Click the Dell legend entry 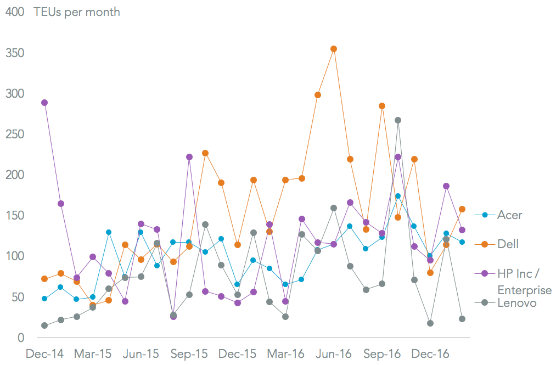click(x=507, y=244)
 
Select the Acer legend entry click(x=509, y=215)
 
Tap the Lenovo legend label click(x=516, y=302)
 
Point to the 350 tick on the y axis click(x=15, y=53)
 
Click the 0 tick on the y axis click(x=20, y=338)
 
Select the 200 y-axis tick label click(x=15, y=175)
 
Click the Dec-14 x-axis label click(x=44, y=354)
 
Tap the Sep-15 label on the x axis click(x=189, y=354)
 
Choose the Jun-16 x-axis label click(x=334, y=354)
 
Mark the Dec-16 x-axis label click(x=430, y=354)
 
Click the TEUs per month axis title click(x=77, y=12)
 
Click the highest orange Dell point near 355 click(x=334, y=49)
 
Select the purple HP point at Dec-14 click(x=44, y=103)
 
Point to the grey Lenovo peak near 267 click(x=398, y=120)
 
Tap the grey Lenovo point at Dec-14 click(x=44, y=325)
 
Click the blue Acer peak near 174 click(x=398, y=196)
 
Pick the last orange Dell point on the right click(x=462, y=209)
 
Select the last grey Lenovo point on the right click(x=462, y=319)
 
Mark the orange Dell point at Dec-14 click(x=44, y=279)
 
